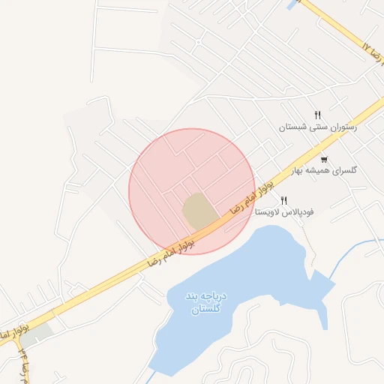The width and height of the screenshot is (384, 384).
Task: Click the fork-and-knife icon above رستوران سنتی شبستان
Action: pyautogui.click(x=318, y=115)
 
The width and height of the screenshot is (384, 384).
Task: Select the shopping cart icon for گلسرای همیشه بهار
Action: pyautogui.click(x=324, y=159)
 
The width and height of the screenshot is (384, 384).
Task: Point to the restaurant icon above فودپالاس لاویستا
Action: pyautogui.click(x=283, y=200)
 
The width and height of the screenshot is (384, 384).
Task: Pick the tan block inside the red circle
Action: pyautogui.click(x=197, y=211)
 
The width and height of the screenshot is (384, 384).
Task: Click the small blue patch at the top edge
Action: pyautogui.click(x=291, y=4)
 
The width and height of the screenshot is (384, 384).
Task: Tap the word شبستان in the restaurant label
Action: pyautogui.click(x=295, y=127)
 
